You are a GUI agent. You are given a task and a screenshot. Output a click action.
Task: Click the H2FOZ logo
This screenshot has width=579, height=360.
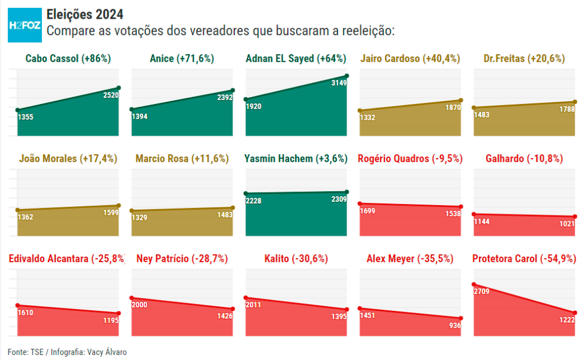click(x=24, y=25)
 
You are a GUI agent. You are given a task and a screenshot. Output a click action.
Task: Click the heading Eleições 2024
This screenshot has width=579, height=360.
click(x=84, y=14)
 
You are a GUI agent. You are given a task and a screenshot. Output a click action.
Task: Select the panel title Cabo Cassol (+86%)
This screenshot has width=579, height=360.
click(x=68, y=58)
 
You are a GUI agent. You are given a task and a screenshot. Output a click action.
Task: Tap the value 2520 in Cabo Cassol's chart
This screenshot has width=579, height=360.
click(x=111, y=96)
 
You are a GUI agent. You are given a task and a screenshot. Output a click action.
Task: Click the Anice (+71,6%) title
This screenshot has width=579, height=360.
click(x=182, y=58)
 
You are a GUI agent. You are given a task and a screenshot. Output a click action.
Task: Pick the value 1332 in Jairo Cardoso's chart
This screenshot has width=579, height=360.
click(x=368, y=118)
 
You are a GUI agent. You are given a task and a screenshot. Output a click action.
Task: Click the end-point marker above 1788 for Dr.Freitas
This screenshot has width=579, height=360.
click(x=574, y=102)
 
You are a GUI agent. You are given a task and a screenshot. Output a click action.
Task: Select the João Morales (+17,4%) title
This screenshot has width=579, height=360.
click(x=68, y=159)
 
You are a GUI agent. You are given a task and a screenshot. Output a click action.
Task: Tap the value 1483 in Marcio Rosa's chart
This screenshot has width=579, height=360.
click(x=225, y=215)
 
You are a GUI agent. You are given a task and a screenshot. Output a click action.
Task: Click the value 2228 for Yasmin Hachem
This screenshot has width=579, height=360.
click(x=254, y=201)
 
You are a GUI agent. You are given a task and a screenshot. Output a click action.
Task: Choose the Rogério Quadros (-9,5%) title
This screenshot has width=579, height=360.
click(x=410, y=159)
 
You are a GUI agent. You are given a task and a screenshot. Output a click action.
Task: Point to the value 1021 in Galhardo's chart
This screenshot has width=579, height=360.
click(x=566, y=224)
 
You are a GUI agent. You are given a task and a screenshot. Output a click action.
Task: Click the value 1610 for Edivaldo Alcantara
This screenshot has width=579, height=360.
click(x=26, y=313)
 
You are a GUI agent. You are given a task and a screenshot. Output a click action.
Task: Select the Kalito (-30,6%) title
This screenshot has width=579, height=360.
click(x=296, y=259)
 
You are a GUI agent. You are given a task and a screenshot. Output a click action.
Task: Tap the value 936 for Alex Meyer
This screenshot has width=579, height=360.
click(x=455, y=326)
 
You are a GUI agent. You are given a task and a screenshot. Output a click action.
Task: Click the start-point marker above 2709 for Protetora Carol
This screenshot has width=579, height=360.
click(x=474, y=285)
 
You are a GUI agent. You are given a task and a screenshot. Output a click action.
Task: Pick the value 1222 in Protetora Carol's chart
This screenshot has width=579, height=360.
click(x=566, y=320)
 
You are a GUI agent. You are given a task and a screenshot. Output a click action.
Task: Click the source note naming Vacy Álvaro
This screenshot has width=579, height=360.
click(x=68, y=352)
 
